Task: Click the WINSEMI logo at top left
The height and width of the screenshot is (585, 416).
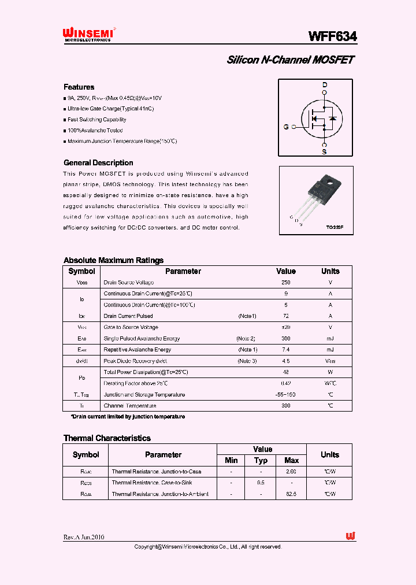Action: click(x=88, y=35)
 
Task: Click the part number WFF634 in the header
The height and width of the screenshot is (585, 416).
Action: click(x=332, y=36)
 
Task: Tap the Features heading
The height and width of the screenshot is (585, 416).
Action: click(x=79, y=87)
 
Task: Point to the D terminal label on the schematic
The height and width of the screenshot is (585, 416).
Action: click(x=325, y=85)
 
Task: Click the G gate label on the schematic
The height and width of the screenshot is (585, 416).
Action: click(x=285, y=127)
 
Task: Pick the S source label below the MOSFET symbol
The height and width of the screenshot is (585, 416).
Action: click(x=324, y=152)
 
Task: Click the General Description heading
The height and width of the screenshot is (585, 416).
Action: click(x=98, y=163)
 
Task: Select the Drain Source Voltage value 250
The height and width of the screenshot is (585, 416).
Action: click(x=285, y=283)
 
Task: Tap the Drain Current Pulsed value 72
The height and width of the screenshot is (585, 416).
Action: click(x=285, y=316)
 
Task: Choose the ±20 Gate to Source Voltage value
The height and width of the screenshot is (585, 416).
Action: click(x=285, y=328)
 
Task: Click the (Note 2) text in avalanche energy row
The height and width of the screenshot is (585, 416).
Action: click(x=246, y=339)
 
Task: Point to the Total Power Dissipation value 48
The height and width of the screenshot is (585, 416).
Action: click(x=285, y=372)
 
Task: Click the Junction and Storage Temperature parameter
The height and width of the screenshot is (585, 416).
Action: click(x=144, y=395)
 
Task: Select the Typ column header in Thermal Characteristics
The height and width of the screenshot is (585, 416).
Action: click(x=261, y=461)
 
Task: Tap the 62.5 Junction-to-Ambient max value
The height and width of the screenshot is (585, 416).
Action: click(x=291, y=494)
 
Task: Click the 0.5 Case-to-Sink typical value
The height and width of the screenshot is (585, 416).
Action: click(x=261, y=483)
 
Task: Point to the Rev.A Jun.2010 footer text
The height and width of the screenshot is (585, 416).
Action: click(x=84, y=537)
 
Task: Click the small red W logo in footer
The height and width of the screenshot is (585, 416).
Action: click(x=351, y=536)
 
